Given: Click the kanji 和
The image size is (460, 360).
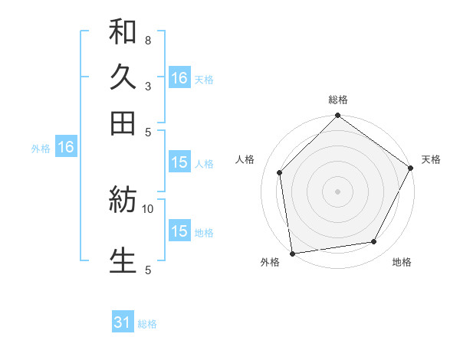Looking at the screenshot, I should pyautogui.click(x=123, y=32).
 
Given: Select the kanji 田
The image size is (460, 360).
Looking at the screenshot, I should pyautogui.click(x=123, y=122).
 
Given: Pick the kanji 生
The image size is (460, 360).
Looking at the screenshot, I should pyautogui.click(x=123, y=260).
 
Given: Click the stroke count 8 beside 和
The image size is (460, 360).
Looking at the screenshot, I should pyautogui.click(x=147, y=40).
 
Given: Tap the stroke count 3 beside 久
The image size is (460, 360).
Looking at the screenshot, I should pyautogui.click(x=147, y=86).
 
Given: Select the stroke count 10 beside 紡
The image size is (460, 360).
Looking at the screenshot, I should pyautogui.click(x=148, y=208).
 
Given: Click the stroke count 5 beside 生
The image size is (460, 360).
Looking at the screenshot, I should pyautogui.click(x=147, y=269).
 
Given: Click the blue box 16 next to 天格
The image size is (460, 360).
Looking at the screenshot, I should pyautogui.click(x=179, y=78).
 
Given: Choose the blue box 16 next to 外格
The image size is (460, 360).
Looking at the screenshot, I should pyautogui.click(x=65, y=147).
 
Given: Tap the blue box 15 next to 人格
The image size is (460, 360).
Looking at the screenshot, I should pyautogui.click(x=179, y=162).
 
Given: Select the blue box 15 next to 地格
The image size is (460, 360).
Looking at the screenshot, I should pyautogui.click(x=179, y=231).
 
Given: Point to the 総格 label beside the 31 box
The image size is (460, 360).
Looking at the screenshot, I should pyautogui.click(x=147, y=324).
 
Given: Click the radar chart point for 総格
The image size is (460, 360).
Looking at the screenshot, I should pyautogui.click(x=337, y=116).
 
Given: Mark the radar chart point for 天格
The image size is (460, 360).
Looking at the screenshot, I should pyautogui.click(x=410, y=168).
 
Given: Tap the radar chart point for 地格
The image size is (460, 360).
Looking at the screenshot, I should pyautogui.click(x=374, y=242).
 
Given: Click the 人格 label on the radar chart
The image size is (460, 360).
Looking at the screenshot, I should pyautogui.click(x=246, y=159).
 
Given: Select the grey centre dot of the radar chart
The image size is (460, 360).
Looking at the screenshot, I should pyautogui.click(x=337, y=191).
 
